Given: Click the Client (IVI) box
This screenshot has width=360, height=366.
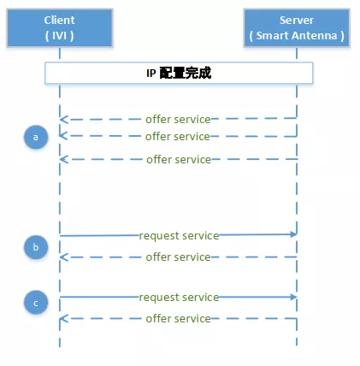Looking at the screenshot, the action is pyautogui.click(x=60, y=27).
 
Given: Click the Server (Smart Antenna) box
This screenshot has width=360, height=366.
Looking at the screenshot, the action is pyautogui.click(x=297, y=27).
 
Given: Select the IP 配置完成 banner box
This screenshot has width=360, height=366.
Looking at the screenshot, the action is pyautogui.click(x=179, y=73).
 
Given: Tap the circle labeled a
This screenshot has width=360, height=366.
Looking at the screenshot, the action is pyautogui.click(x=36, y=137).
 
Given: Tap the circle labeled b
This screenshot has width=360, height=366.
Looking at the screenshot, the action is pyautogui.click(x=36, y=247).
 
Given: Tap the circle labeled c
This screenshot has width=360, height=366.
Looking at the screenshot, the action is pyautogui.click(x=36, y=303).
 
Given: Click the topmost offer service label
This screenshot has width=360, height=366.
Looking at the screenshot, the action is pyautogui.click(x=178, y=120).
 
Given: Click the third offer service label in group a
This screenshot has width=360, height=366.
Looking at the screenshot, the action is pyautogui.click(x=179, y=160).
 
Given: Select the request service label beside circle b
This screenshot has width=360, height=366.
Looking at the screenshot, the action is pyautogui.click(x=179, y=236).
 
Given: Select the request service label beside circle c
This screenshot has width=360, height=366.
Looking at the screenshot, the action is pyautogui.click(x=179, y=298).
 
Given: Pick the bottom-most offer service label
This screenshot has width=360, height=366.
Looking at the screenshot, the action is pyautogui.click(x=178, y=319).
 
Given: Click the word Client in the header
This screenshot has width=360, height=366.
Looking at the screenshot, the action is pyautogui.click(x=59, y=21).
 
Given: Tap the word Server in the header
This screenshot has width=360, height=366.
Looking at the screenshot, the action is pyautogui.click(x=297, y=21).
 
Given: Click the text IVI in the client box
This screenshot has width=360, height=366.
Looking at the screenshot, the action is pyautogui.click(x=59, y=36).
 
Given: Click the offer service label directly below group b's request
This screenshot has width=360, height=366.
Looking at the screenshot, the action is pyautogui.click(x=178, y=257).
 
